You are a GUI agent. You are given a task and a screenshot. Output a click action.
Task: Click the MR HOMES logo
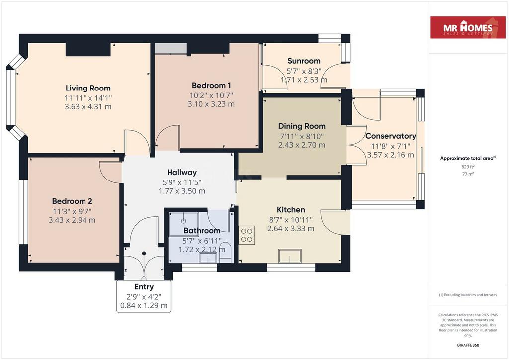[468, 27]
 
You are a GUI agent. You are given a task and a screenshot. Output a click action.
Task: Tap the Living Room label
[88, 88]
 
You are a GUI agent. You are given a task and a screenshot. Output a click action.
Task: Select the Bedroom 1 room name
[211, 86]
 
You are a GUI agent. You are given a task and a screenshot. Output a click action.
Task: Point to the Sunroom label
[304, 61]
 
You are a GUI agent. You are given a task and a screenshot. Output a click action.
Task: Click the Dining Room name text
[302, 126]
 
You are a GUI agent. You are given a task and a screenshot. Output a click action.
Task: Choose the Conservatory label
[391, 136]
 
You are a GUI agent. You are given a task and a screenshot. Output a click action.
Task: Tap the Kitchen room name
[291, 210]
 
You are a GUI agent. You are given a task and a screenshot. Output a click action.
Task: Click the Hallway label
[182, 173]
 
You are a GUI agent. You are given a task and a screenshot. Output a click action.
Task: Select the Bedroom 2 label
[72, 201]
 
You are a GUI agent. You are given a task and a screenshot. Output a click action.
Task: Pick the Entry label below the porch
[144, 287]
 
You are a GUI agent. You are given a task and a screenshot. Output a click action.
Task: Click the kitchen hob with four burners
[247, 235]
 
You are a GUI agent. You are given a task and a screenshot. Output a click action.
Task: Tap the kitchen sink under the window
[290, 256]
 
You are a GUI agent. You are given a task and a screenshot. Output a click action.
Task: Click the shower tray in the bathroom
[183, 223]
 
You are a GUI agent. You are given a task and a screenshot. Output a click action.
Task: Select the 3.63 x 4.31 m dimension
[88, 107]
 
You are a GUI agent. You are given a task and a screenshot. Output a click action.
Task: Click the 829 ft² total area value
[468, 167]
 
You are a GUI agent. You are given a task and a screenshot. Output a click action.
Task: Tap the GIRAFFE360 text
[468, 345]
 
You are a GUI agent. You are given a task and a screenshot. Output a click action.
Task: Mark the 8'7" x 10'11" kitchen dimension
[291, 220]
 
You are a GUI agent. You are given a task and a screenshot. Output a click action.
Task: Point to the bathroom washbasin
[208, 258]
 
